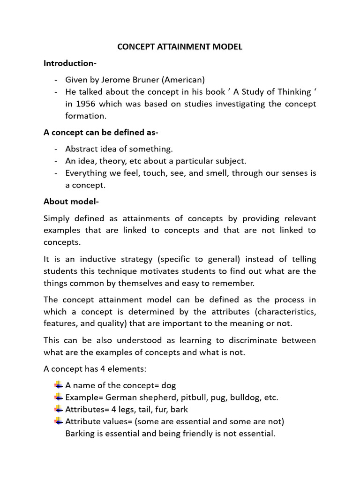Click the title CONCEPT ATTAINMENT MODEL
(x=180, y=47)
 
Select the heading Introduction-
(x=71, y=63)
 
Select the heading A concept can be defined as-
(x=101, y=133)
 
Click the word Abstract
(x=81, y=149)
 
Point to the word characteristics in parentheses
(x=283, y=312)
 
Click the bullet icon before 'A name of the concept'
(x=58, y=385)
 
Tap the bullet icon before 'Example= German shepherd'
(x=58, y=397)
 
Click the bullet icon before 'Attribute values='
(x=58, y=421)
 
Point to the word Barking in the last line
(x=79, y=434)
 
